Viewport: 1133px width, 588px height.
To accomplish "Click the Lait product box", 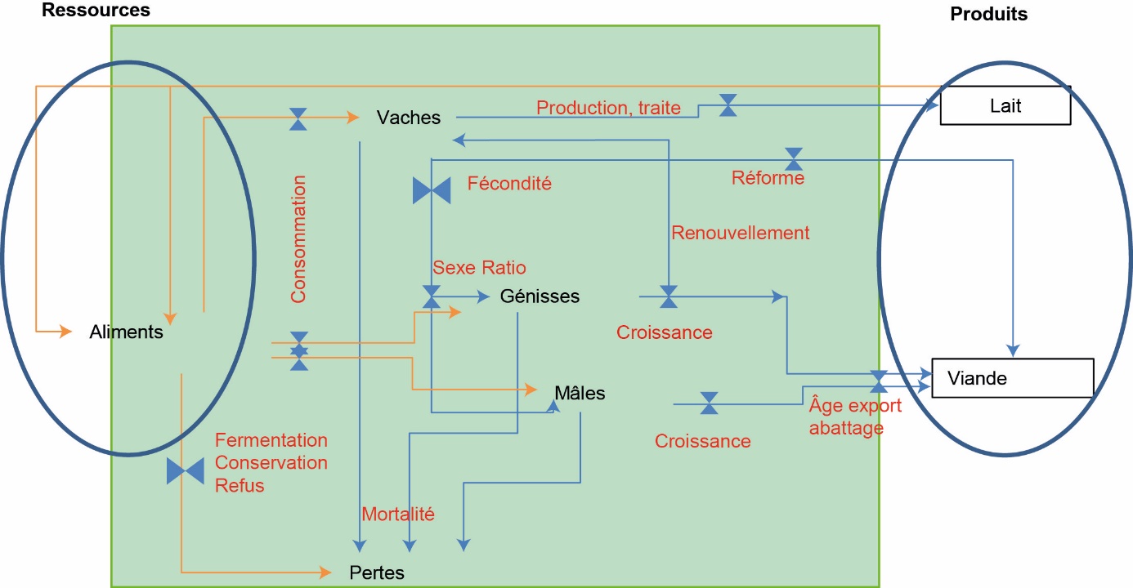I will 1005,106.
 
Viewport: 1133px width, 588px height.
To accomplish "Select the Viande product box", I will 1011,378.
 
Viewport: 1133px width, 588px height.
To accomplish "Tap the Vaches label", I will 408,118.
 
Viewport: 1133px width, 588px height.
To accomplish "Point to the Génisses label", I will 540,296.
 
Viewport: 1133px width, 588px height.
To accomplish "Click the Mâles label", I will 580,394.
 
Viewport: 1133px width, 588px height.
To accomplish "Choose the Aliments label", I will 126,332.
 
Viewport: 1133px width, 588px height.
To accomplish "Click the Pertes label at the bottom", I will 376,572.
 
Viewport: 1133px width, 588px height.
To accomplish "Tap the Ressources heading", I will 96,11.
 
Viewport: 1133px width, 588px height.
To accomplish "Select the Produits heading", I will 988,14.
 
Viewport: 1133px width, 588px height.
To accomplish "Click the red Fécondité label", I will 509,184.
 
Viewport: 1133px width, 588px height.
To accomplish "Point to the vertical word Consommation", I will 298,239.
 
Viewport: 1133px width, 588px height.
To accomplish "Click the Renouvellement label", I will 740,233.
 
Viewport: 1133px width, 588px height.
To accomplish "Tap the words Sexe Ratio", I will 479,268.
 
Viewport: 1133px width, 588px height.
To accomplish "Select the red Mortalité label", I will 398,514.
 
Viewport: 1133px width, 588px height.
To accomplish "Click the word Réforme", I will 768,178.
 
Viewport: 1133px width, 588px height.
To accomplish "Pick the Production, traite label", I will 608,108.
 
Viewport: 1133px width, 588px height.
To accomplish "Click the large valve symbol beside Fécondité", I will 432,191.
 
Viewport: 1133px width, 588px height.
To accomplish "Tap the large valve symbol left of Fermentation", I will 186,471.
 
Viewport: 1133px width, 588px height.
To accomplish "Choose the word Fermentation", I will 271,441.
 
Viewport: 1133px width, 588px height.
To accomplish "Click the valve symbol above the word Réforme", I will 793,158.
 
